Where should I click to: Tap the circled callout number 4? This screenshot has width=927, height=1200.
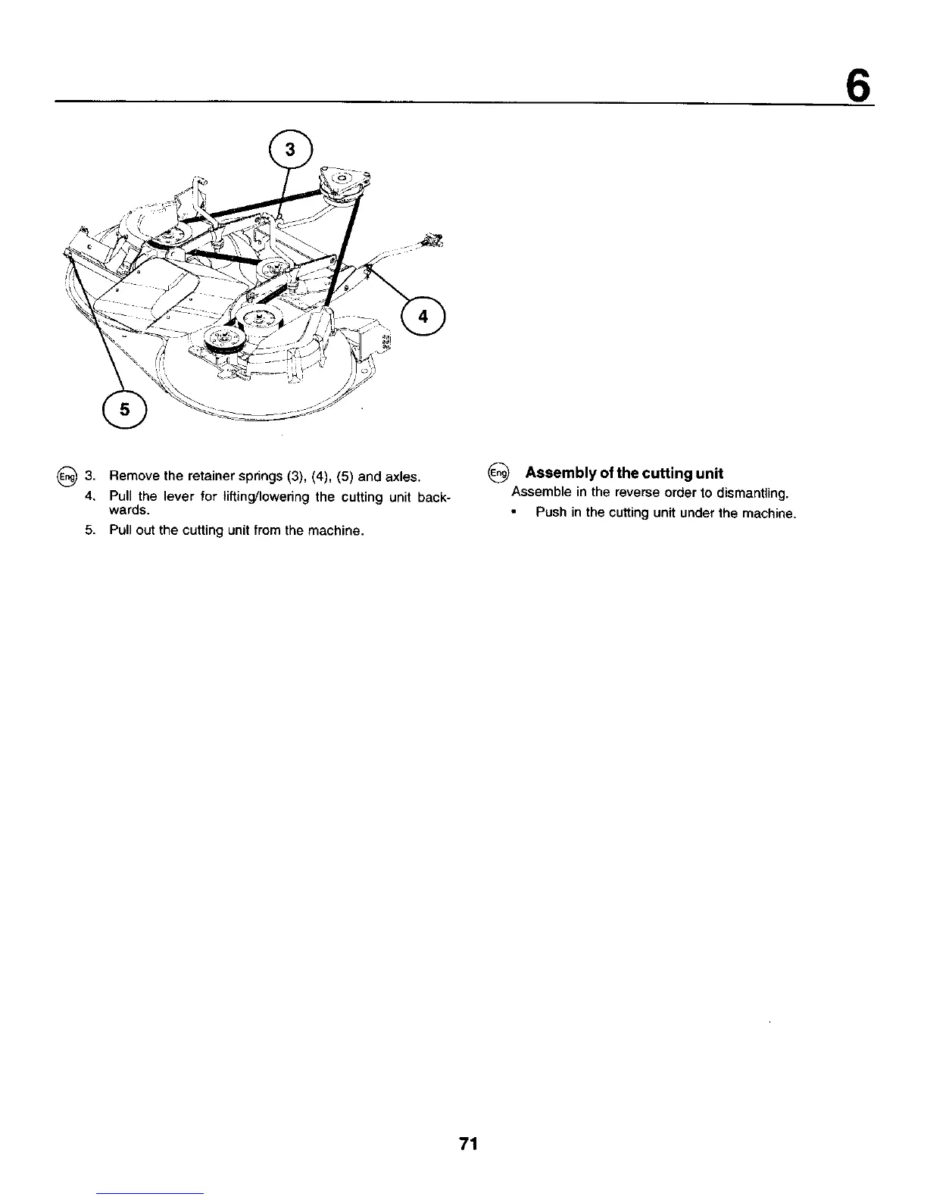pyautogui.click(x=424, y=316)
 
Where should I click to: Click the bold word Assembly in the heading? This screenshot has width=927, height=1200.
pyautogui.click(x=557, y=473)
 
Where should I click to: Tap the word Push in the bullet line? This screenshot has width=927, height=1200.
pyautogui.click(x=549, y=513)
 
